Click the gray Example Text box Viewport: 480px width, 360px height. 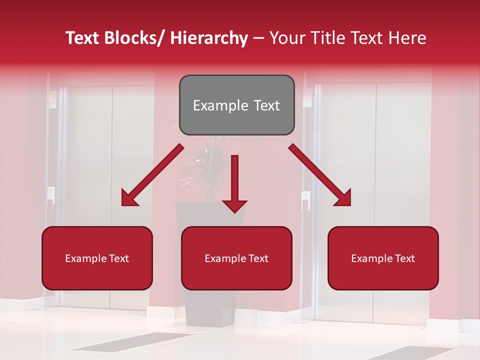point(236,105)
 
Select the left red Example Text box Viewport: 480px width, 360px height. point(97,258)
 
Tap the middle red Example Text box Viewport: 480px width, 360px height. point(236,258)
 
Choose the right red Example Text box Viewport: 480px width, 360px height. point(383,258)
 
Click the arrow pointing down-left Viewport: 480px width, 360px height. point(152,175)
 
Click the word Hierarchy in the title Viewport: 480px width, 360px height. point(208,38)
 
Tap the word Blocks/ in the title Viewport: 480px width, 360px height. point(136,38)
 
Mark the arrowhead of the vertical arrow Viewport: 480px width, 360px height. point(234,205)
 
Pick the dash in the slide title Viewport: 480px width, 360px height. point(258,38)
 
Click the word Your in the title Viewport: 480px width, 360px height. point(286,38)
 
